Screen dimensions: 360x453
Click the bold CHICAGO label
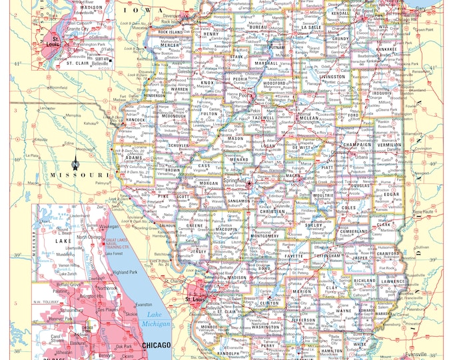click(x=157, y=345)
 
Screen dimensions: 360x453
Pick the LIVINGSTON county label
click(x=332, y=77)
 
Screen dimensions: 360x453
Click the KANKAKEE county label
click(x=386, y=49)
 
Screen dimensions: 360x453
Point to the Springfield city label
click(x=234, y=181)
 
